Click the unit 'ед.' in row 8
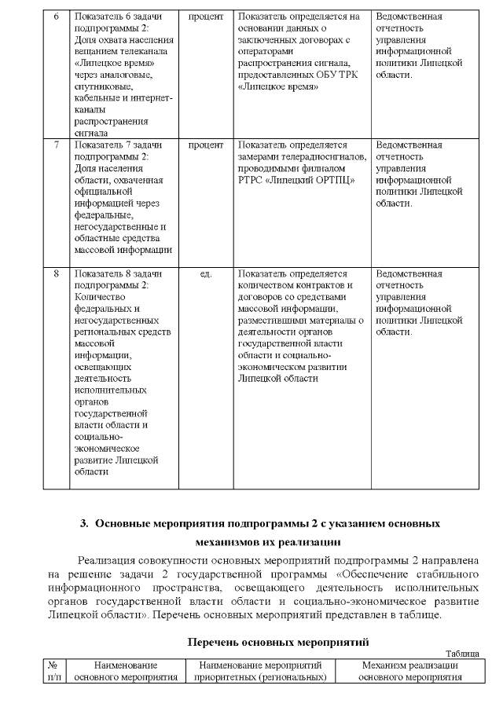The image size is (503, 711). pyautogui.click(x=206, y=274)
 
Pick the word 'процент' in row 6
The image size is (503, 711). pyautogui.click(x=206, y=16)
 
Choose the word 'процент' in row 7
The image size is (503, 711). pyautogui.click(x=206, y=145)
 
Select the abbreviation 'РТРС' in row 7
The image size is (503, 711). pyautogui.click(x=251, y=180)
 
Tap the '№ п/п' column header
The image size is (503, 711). pyautogui.click(x=53, y=671)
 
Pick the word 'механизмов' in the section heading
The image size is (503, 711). pyautogui.click(x=228, y=541)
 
